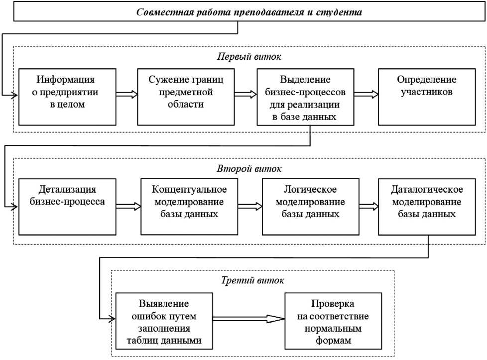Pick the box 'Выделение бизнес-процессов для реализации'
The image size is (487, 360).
pos(305,97)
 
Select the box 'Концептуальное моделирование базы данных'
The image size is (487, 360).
pos(189,207)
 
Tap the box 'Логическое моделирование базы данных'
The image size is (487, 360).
pos(310,207)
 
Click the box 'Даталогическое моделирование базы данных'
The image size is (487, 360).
pos(427,207)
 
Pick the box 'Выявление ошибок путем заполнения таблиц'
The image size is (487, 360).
pos(160,322)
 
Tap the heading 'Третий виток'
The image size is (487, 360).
pos(252,280)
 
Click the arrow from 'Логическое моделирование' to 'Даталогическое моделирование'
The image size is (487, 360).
pos(368,204)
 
